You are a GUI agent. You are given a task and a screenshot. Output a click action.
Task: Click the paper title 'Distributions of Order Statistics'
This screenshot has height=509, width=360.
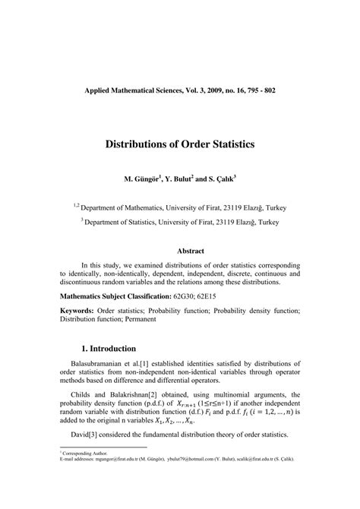tap(180, 143)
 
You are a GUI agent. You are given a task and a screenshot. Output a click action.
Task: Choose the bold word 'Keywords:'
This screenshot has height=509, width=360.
tap(77, 311)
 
